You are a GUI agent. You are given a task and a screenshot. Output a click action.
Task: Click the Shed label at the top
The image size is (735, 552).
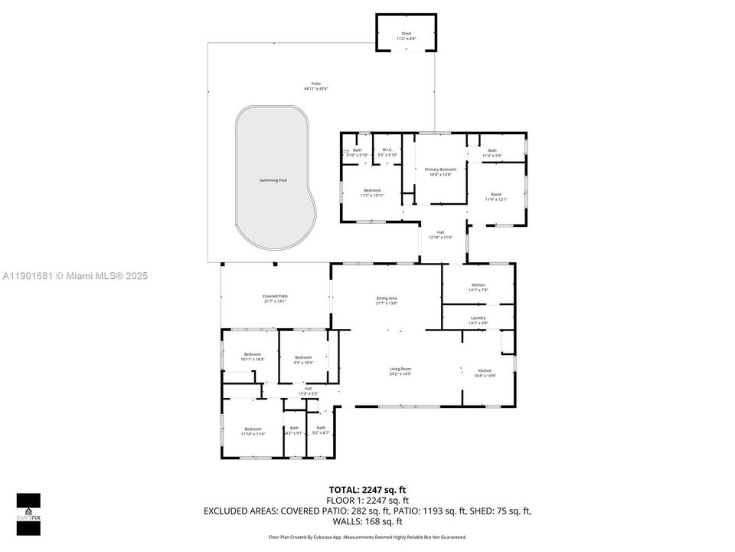[406, 34]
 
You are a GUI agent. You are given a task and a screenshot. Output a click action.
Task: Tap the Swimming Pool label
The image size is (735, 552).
[273, 180]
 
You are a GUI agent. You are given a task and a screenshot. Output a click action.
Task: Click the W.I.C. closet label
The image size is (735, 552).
[387, 150]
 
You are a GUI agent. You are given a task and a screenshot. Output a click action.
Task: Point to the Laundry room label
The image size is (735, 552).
[478, 317]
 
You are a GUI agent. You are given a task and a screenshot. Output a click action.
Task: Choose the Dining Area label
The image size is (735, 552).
[387, 298]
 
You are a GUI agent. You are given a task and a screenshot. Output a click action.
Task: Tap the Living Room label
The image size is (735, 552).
[400, 369]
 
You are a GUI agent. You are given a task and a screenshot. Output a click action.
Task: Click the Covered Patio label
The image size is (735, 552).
[275, 296]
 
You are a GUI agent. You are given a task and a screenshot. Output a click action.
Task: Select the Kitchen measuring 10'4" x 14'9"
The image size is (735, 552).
[485, 370]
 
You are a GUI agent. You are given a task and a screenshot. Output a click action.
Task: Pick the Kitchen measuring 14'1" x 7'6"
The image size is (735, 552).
[478, 285]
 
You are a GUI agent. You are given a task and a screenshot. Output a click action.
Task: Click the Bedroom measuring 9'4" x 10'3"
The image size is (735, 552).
[304, 357]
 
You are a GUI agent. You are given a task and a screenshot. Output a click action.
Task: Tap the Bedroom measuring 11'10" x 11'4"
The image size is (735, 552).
[253, 429]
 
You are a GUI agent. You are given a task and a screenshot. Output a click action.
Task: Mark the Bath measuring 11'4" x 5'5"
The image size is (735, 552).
[492, 150]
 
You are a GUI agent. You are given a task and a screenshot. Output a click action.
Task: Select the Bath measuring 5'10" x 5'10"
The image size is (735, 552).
[357, 150]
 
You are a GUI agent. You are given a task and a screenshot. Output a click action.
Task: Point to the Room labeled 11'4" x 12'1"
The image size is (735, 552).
[496, 195]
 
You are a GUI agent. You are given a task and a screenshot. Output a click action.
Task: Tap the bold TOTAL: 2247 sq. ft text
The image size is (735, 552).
[367, 488]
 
